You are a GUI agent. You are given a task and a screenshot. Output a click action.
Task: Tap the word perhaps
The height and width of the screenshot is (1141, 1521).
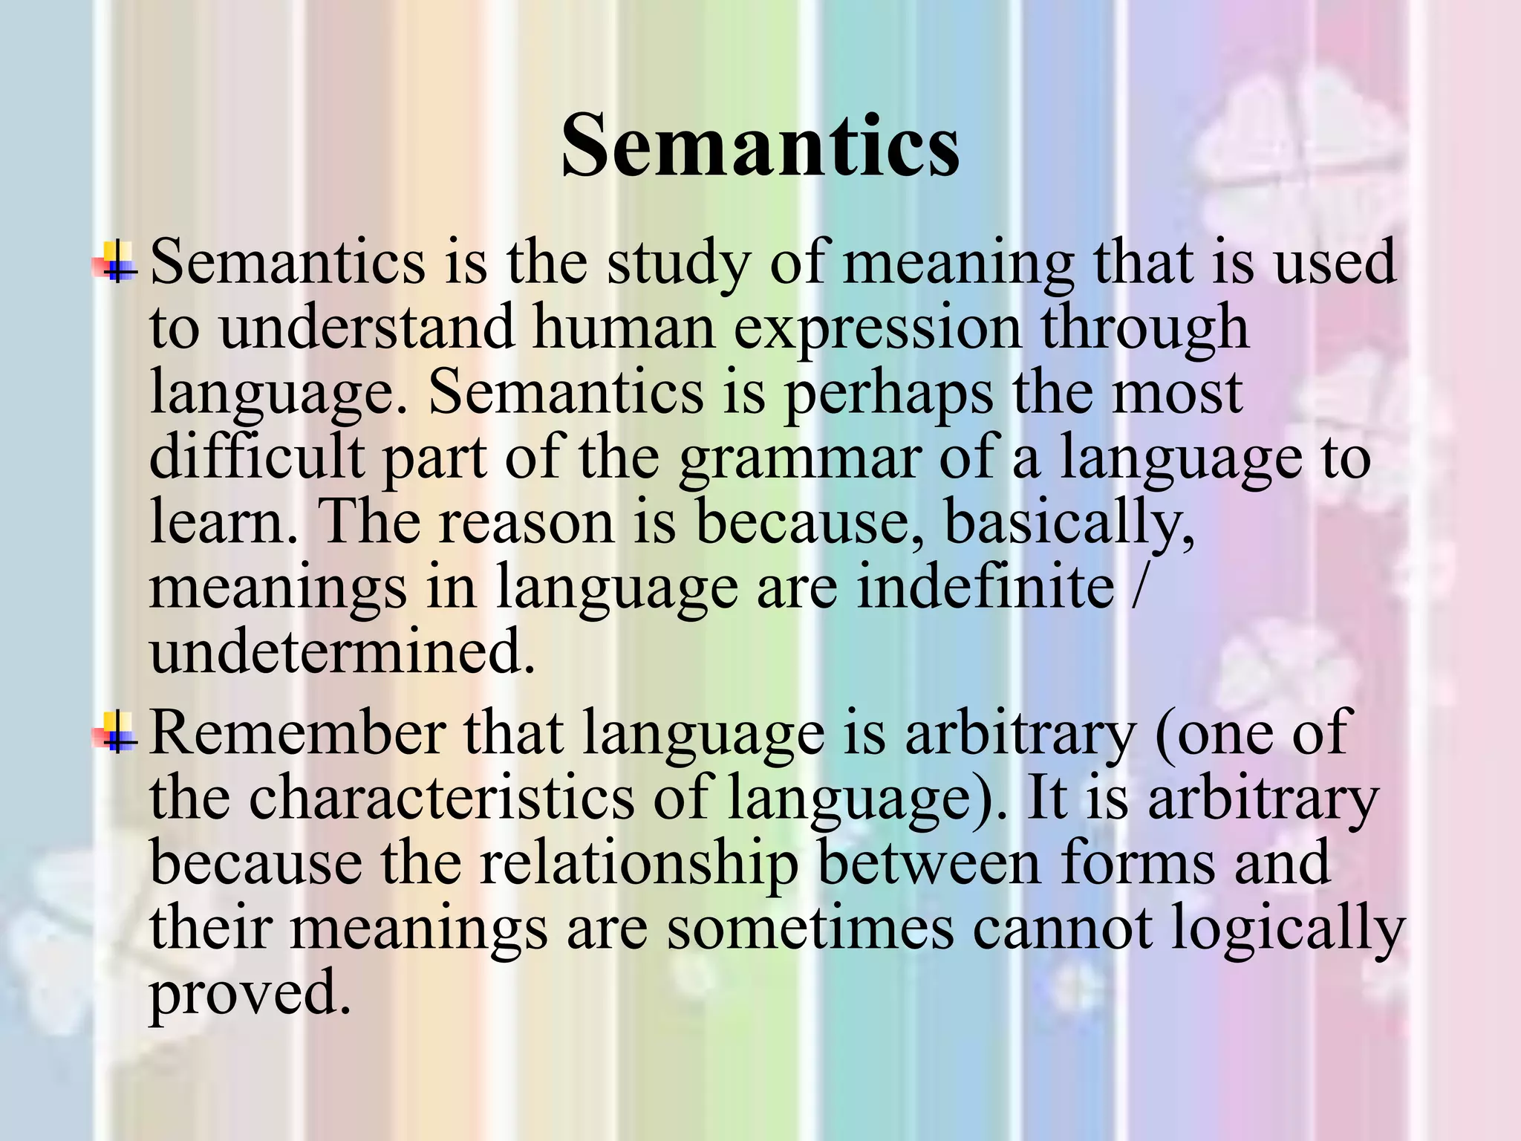click(x=888, y=394)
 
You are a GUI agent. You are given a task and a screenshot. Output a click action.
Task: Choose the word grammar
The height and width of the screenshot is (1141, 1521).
click(x=799, y=459)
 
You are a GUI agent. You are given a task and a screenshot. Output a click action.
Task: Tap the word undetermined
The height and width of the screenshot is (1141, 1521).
click(x=342, y=651)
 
